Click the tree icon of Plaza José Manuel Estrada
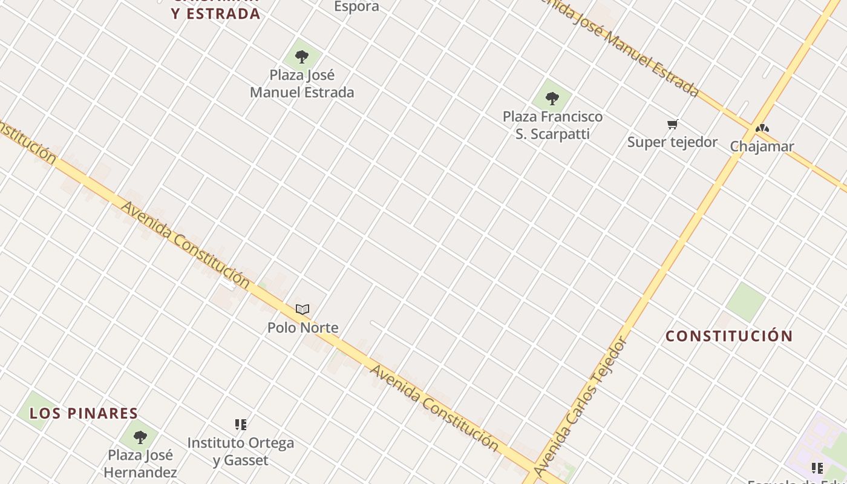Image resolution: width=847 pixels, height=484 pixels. [302, 57]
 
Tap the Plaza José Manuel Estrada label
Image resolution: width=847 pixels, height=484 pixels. [302, 83]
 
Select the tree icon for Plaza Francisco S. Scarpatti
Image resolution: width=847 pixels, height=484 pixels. [552, 98]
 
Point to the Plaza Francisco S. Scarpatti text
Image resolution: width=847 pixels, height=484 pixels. [552, 125]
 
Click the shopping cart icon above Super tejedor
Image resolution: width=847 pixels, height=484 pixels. [672, 125]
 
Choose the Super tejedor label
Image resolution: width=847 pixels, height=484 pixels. [672, 142]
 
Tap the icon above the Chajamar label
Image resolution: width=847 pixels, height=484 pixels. [762, 128]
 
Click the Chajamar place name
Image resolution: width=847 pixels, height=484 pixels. [762, 146]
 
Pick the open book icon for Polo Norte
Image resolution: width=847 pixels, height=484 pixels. [302, 310]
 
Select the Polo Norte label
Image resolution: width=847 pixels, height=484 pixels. [302, 327]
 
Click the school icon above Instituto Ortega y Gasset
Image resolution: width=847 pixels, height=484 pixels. [241, 425]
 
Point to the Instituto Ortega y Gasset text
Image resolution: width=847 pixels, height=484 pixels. [241, 451]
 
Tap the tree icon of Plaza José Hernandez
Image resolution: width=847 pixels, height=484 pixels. [140, 437]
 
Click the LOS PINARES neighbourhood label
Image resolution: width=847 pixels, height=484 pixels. [84, 413]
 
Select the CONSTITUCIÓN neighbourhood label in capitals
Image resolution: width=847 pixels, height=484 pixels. [729, 336]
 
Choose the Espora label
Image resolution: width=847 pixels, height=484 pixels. [356, 7]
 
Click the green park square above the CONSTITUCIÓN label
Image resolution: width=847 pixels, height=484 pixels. [746, 301]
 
